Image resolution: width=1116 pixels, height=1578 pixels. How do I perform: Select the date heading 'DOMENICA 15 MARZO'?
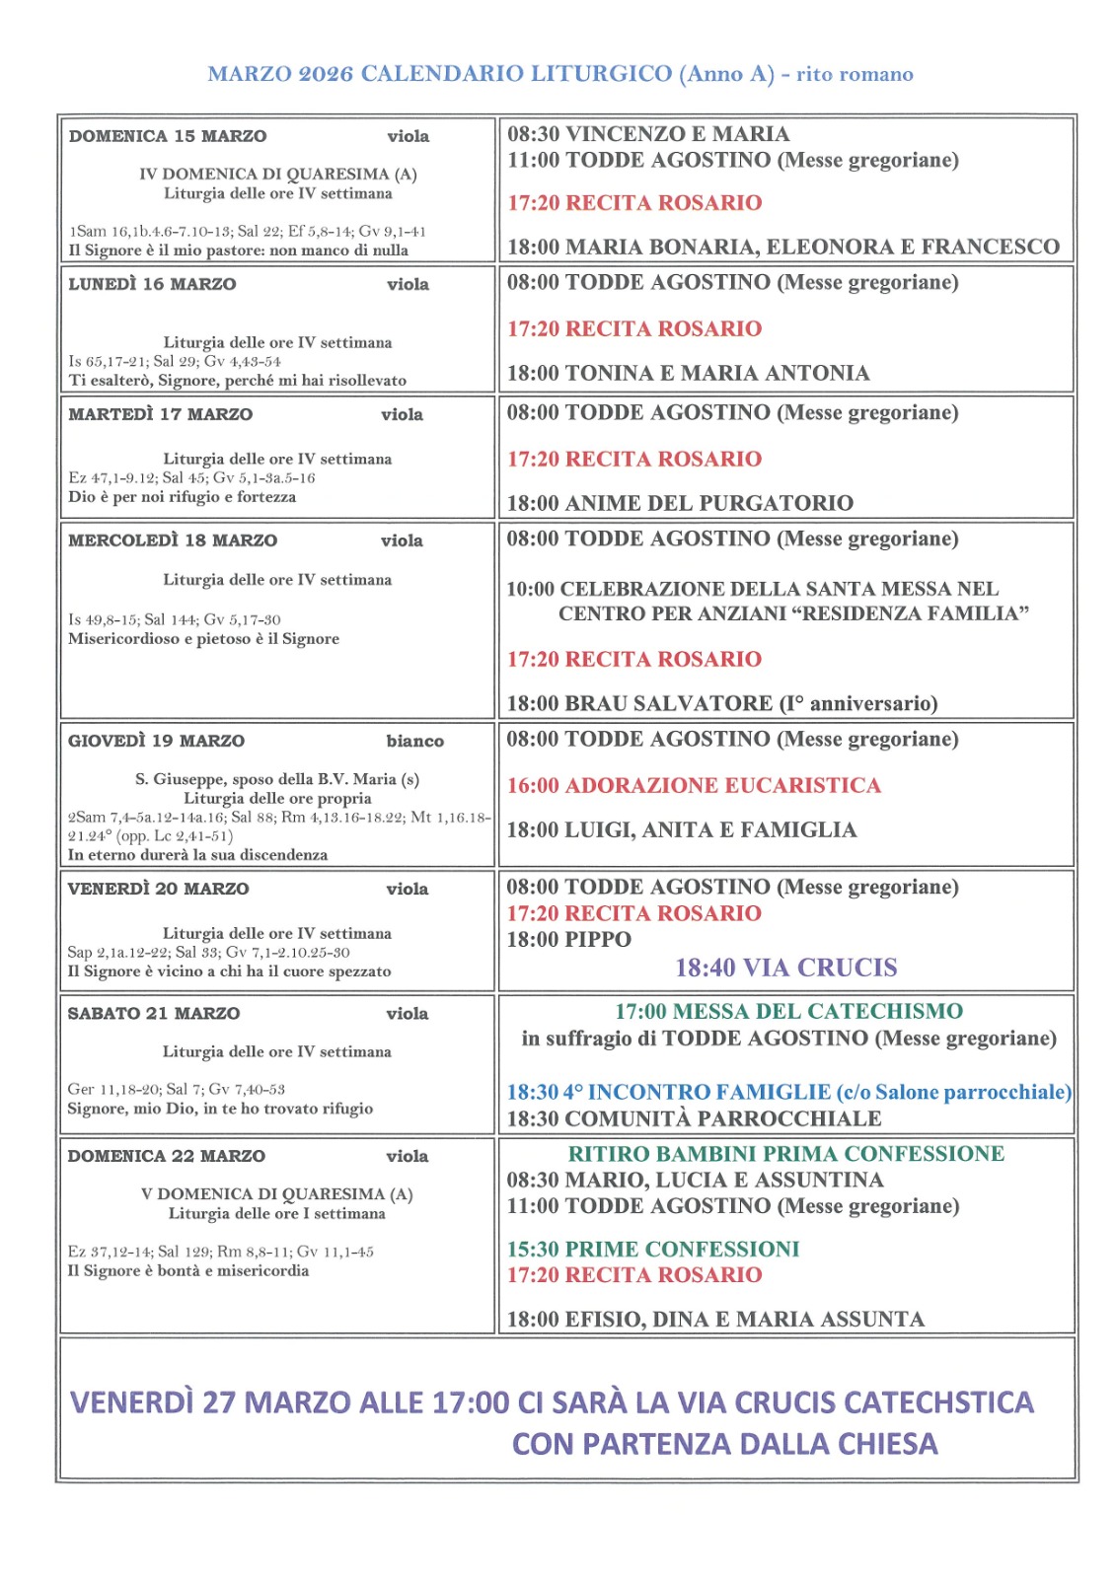click(168, 136)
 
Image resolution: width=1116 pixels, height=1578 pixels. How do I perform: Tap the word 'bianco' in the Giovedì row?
click(414, 741)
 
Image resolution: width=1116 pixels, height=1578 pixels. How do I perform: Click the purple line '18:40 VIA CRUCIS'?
click(785, 968)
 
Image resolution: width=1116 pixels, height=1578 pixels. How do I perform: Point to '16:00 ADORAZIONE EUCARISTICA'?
click(694, 785)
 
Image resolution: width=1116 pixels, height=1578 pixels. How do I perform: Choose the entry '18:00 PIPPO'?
click(568, 939)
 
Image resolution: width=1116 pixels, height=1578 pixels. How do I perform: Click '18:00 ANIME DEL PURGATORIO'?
click(680, 503)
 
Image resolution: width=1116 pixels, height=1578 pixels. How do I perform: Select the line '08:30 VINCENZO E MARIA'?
click(648, 134)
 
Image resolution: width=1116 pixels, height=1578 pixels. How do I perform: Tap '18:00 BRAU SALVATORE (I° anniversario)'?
click(721, 703)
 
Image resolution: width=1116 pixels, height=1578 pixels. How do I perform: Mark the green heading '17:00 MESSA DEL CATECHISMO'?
click(788, 1011)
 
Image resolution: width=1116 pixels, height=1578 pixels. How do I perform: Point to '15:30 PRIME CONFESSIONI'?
click(653, 1249)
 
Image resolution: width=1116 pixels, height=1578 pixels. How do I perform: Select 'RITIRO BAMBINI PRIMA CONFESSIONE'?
click(785, 1154)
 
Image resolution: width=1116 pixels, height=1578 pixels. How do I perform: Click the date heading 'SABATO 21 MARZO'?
click(154, 1013)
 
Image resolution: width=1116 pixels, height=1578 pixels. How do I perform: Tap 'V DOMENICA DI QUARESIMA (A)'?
click(277, 1194)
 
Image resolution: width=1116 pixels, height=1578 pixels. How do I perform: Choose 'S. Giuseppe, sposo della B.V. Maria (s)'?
click(277, 779)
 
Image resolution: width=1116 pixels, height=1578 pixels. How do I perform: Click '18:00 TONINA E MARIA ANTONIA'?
click(688, 373)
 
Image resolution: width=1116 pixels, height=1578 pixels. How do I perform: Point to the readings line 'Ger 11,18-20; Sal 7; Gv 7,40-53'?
click(176, 1089)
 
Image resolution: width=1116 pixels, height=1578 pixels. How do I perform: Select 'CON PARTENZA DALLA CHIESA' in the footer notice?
click(724, 1444)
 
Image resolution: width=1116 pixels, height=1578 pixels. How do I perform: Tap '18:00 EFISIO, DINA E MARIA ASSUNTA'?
click(715, 1320)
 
